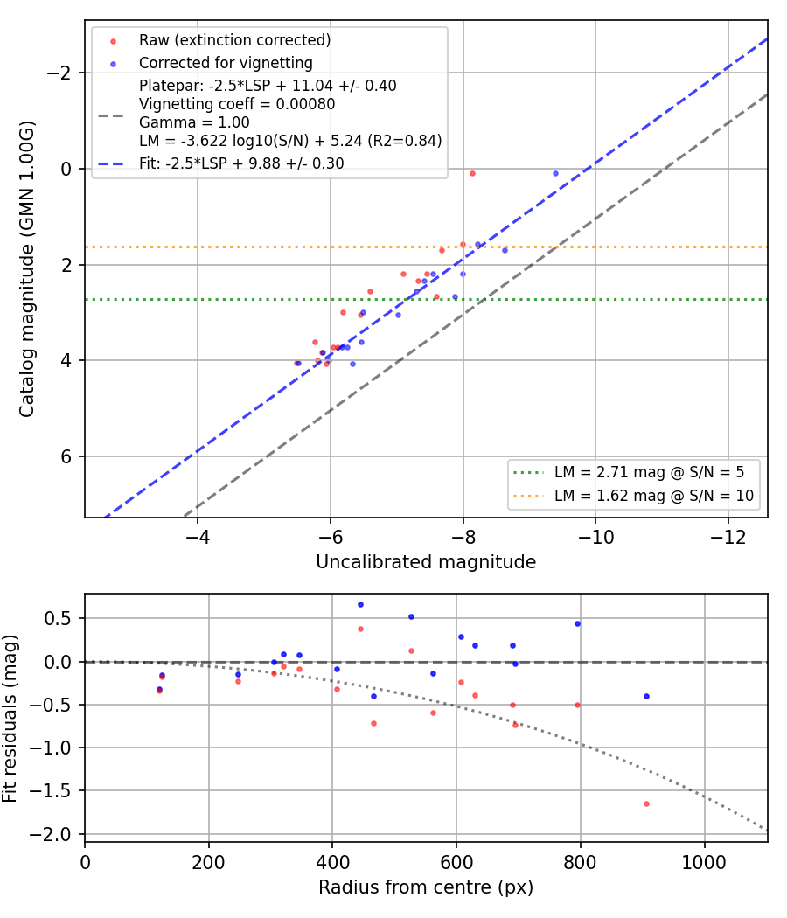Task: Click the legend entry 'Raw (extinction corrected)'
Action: [235, 40]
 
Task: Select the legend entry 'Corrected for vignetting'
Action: [226, 63]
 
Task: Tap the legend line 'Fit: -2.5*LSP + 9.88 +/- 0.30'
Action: [241, 163]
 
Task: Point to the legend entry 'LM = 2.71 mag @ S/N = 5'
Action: [650, 472]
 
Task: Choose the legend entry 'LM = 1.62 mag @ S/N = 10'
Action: [654, 496]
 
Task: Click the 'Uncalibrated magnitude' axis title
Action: [426, 562]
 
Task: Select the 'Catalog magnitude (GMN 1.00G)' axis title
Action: [26, 268]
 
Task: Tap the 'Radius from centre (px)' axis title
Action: [426, 887]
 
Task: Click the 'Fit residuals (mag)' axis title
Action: [10, 719]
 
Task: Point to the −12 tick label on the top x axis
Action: [728, 537]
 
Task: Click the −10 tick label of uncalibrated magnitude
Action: [595, 537]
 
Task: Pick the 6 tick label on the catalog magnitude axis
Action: [66, 456]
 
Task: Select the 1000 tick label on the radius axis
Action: [704, 862]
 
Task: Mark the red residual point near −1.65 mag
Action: [646, 803]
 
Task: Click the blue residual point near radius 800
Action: [577, 624]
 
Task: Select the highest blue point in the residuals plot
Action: [360, 605]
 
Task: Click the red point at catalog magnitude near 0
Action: [472, 174]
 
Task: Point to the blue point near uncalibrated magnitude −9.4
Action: [555, 174]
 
